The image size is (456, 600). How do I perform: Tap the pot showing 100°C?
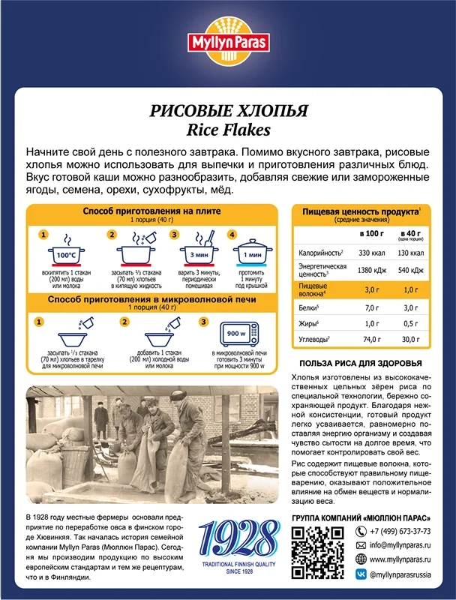click(65, 255)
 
